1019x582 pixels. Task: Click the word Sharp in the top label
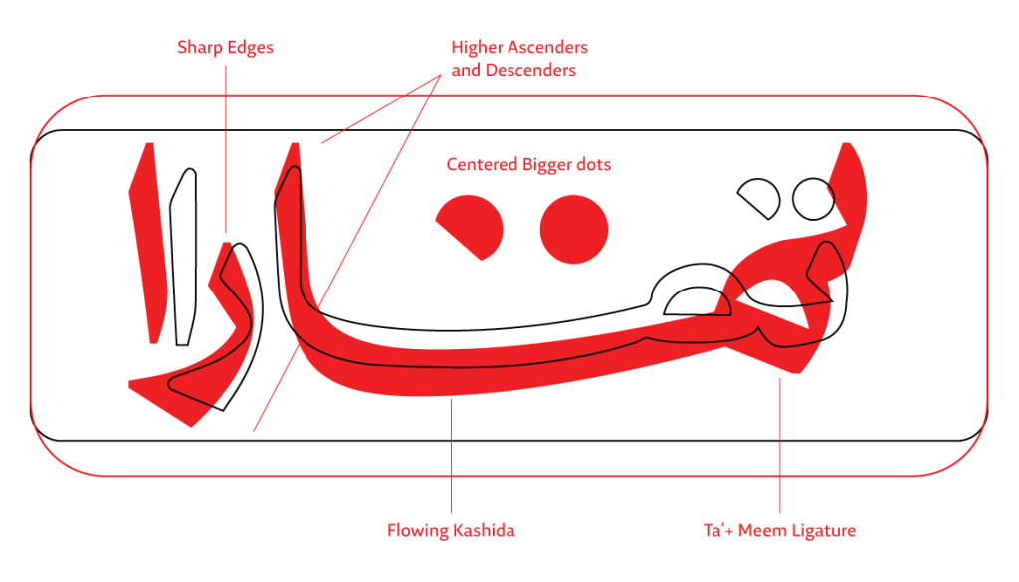(200, 48)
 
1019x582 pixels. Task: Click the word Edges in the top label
(250, 48)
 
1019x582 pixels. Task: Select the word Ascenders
(548, 48)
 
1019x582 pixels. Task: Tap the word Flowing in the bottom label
(417, 531)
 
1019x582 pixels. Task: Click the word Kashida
(483, 530)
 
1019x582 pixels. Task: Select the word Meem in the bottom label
(761, 530)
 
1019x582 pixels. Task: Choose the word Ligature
(823, 531)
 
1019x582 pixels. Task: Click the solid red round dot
(574, 229)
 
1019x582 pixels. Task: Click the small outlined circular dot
(813, 199)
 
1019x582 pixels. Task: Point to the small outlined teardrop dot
(758, 198)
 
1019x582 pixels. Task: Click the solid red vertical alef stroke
(148, 243)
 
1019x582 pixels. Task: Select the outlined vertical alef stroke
(183, 257)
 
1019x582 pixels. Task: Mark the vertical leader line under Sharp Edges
(226, 149)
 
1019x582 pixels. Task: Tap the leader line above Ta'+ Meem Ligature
(780, 446)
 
